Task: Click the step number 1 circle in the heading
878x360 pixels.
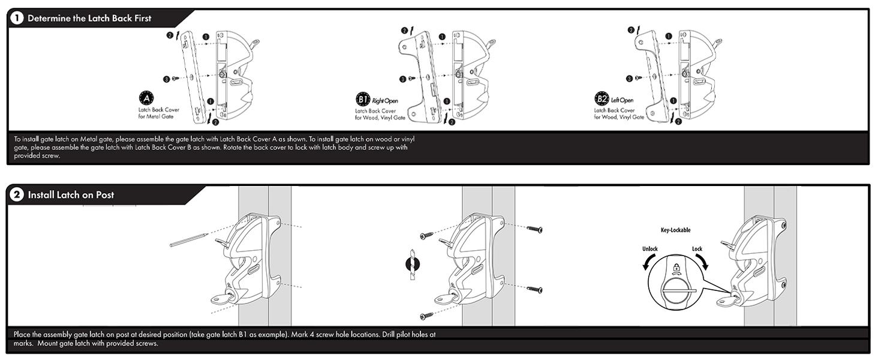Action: click(x=17, y=18)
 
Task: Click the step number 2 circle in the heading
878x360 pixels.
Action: click(x=17, y=194)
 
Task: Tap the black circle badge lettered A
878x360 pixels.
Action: click(x=146, y=98)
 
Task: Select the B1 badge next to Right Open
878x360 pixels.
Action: click(x=363, y=100)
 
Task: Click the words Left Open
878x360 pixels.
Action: click(x=622, y=100)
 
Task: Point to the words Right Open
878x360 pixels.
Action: click(x=385, y=101)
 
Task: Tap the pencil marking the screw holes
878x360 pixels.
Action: click(x=189, y=239)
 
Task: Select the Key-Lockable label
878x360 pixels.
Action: click(x=675, y=230)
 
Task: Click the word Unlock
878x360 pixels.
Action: click(x=650, y=249)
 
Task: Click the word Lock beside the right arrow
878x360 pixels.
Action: click(x=697, y=249)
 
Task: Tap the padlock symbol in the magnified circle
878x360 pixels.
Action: click(x=676, y=268)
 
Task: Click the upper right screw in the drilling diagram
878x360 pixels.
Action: click(x=534, y=229)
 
